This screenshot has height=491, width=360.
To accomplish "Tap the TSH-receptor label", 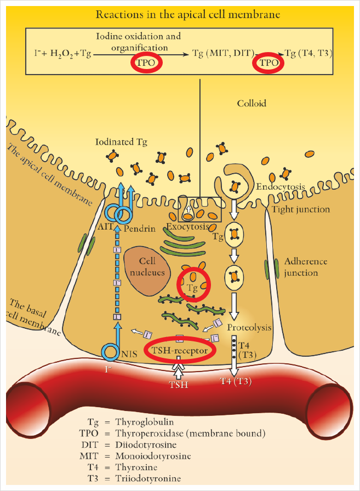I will click(x=179, y=349).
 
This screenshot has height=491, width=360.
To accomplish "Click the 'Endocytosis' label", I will click(x=281, y=187).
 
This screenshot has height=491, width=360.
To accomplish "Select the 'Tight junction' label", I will click(x=300, y=209).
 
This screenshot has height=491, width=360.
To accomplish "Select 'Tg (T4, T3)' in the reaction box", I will click(x=310, y=53).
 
